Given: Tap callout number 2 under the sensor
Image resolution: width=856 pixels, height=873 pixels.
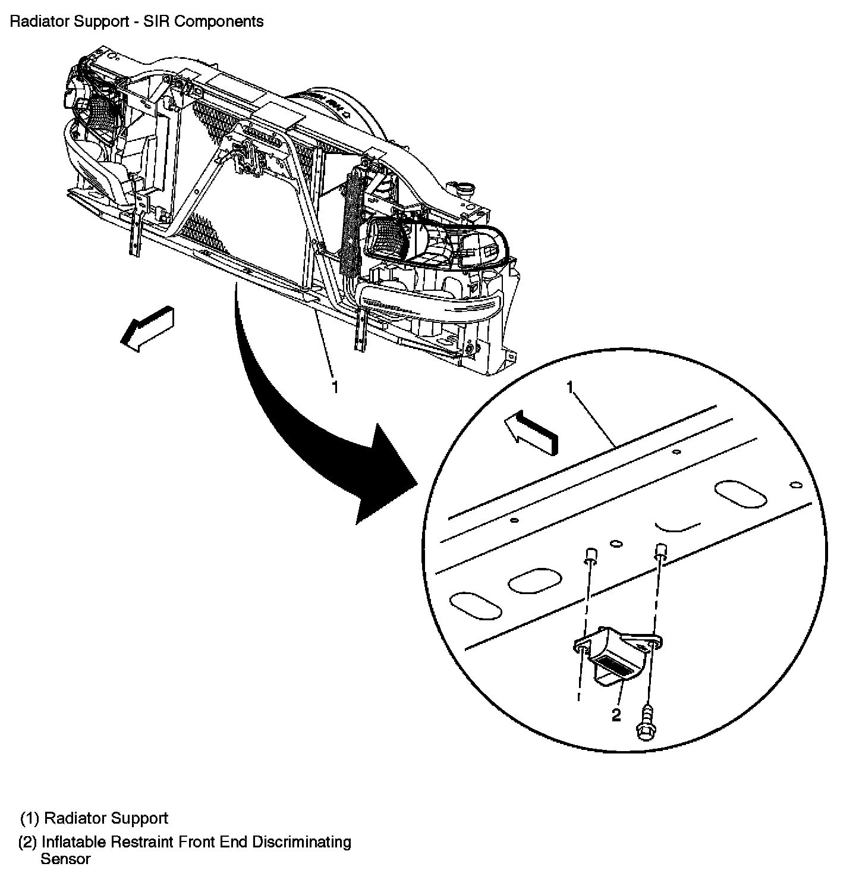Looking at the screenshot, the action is pos(616,714).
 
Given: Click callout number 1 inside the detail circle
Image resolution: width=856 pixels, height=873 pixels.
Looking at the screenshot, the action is pos(570,389).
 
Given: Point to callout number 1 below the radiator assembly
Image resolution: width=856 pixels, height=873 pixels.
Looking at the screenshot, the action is pos(335,388).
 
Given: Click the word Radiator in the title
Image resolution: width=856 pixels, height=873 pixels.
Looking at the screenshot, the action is pos(35,21).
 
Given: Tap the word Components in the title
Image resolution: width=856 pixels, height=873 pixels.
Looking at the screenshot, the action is pos(228,21).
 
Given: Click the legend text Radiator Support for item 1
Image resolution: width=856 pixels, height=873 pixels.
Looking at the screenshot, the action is pos(106,818).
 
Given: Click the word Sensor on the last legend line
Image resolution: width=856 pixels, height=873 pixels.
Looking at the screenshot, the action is pos(65,859).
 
